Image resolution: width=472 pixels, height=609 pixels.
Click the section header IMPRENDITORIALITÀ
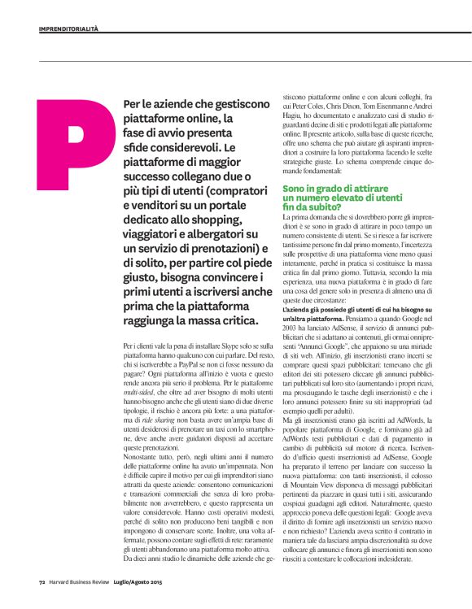click(x=68, y=28)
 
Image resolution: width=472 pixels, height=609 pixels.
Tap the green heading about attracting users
click(x=341, y=198)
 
